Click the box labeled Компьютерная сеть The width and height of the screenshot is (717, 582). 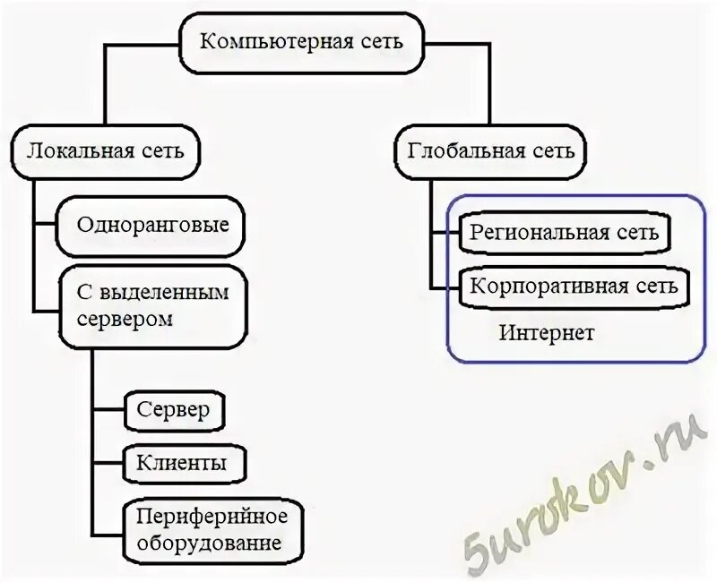[301, 41]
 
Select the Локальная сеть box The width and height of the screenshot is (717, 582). [106, 150]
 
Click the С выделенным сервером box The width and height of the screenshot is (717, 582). [152, 305]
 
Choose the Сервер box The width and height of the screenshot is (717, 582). [174, 410]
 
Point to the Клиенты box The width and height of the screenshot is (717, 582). [182, 463]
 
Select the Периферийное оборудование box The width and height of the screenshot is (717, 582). [212, 530]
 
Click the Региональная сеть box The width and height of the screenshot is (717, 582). [565, 233]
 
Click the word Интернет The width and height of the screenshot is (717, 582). [547, 333]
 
